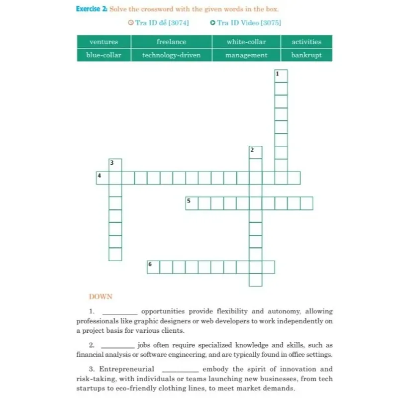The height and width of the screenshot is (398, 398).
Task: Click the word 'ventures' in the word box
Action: coord(103,42)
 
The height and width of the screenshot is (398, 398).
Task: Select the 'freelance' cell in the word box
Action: coord(171,42)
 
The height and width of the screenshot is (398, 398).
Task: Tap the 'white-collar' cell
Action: coord(246,42)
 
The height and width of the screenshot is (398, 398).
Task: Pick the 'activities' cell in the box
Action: coord(306,42)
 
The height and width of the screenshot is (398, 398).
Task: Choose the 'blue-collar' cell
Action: coord(103,55)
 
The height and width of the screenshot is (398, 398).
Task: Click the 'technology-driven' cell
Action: coord(171,55)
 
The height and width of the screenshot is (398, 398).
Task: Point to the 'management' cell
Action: coord(246,55)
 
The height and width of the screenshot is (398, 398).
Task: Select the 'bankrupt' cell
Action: coord(306,55)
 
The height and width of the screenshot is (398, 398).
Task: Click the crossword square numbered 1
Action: coord(281,76)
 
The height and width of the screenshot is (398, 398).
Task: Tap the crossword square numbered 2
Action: coord(255,152)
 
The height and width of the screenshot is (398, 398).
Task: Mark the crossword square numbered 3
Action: coord(115,165)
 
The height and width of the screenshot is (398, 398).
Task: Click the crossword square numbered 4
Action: coord(102,178)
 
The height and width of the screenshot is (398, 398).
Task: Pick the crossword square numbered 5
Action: coord(192,203)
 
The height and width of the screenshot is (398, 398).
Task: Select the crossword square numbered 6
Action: coord(153,267)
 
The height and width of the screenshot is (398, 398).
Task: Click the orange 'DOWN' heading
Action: coord(100,297)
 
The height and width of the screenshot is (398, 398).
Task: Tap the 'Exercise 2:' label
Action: coord(91,9)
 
